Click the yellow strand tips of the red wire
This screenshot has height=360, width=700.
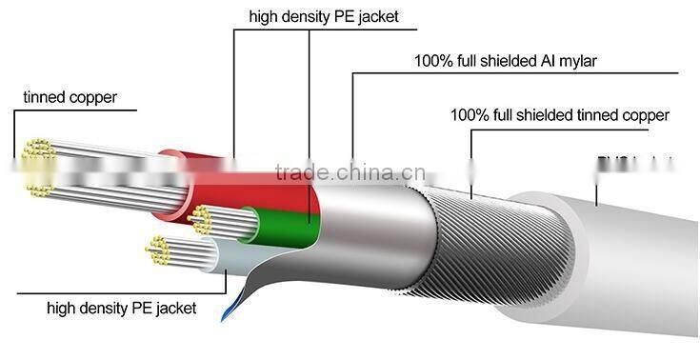click(38, 167)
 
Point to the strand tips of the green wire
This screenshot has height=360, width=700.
click(200, 219)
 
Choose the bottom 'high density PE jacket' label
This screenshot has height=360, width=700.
click(122, 308)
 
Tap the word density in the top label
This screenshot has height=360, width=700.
click(304, 16)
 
